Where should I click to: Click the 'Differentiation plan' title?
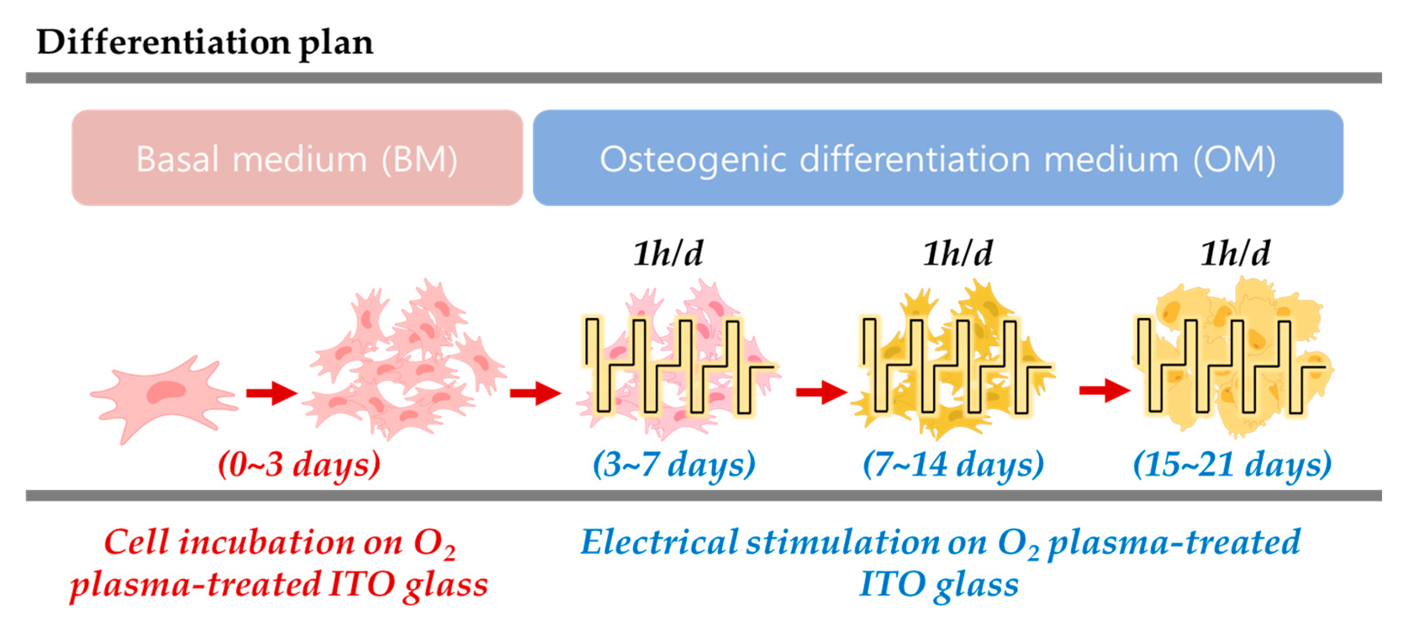pos(205,42)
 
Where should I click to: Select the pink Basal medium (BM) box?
pos(297,158)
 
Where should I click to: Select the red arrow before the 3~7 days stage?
pos(535,393)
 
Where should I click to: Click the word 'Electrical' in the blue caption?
pos(659,543)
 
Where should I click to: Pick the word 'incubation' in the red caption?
pos(266,543)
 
